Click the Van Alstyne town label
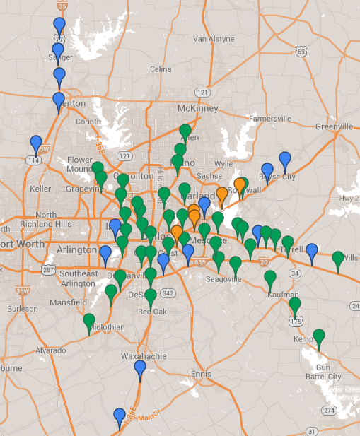click(x=213, y=38)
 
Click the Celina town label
click(x=161, y=69)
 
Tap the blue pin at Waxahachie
click(x=140, y=368)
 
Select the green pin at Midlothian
click(x=89, y=322)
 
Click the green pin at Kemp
click(x=319, y=338)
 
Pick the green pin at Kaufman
click(x=270, y=279)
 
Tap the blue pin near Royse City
click(x=285, y=160)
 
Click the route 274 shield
click(x=329, y=411)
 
